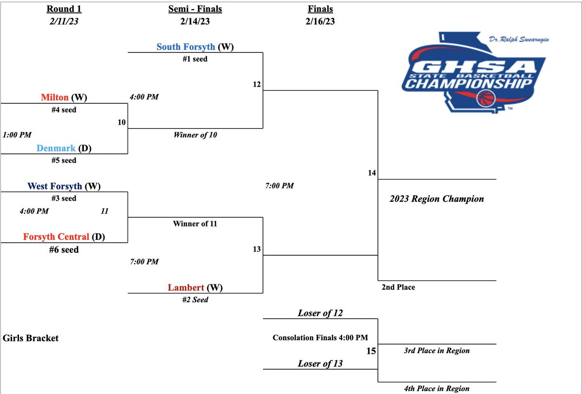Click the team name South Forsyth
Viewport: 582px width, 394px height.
click(186, 47)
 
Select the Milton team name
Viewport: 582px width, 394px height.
click(55, 98)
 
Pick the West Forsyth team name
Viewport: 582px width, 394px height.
click(55, 186)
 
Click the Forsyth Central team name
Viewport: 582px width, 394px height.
click(56, 237)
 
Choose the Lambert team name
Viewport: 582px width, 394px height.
click(186, 288)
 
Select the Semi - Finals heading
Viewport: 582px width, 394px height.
click(194, 9)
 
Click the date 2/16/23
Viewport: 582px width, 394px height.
click(320, 21)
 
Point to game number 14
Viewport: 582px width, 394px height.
click(372, 172)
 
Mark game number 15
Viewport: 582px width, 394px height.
click(371, 350)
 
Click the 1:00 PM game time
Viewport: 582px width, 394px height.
click(17, 134)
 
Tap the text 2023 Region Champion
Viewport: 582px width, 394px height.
click(437, 199)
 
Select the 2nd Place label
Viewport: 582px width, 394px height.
click(399, 287)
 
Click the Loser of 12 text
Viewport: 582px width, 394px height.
click(320, 313)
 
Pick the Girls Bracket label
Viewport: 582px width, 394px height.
click(31, 338)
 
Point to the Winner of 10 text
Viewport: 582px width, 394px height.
click(195, 135)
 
